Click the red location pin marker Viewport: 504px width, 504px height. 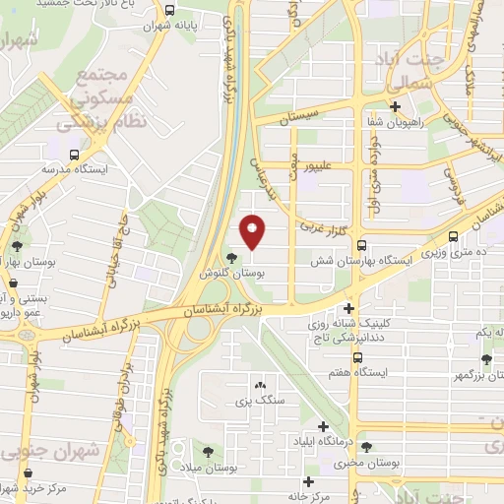[254, 231]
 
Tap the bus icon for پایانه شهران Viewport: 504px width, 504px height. [170, 11]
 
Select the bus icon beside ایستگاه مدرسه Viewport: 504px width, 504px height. [75, 154]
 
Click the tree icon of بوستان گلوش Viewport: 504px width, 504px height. [231, 260]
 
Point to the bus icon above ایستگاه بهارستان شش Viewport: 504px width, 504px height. [362, 246]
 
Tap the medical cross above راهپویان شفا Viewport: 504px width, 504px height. [395, 107]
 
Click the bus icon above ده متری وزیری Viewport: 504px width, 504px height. [453, 237]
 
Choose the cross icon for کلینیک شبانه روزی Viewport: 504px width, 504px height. [347, 308]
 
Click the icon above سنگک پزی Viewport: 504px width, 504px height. [260, 386]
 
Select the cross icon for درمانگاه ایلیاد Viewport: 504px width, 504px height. [324, 426]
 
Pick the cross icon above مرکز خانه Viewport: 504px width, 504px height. [310, 481]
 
